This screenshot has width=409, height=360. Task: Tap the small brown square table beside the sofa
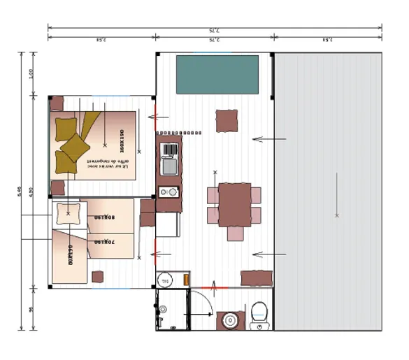pyautogui.click(x=226, y=121)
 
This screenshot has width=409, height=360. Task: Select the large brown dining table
pyautogui.click(x=234, y=204)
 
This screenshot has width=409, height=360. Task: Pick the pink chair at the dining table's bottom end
pyautogui.click(x=234, y=232)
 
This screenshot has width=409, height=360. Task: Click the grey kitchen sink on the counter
pyautogui.click(x=168, y=166)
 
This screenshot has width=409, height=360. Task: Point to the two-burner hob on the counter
pyautogui.click(x=168, y=192)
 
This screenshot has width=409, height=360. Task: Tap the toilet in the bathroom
pyautogui.click(x=258, y=315)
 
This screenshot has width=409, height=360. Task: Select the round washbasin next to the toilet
pyautogui.click(x=229, y=321)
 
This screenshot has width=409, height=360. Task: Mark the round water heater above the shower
pyautogui.click(x=165, y=280)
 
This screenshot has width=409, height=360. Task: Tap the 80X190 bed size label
pyautogui.click(x=105, y=217)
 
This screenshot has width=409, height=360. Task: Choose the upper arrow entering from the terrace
pyautogui.click(x=269, y=139)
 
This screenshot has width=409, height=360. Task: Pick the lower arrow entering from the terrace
pyautogui.click(x=269, y=254)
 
